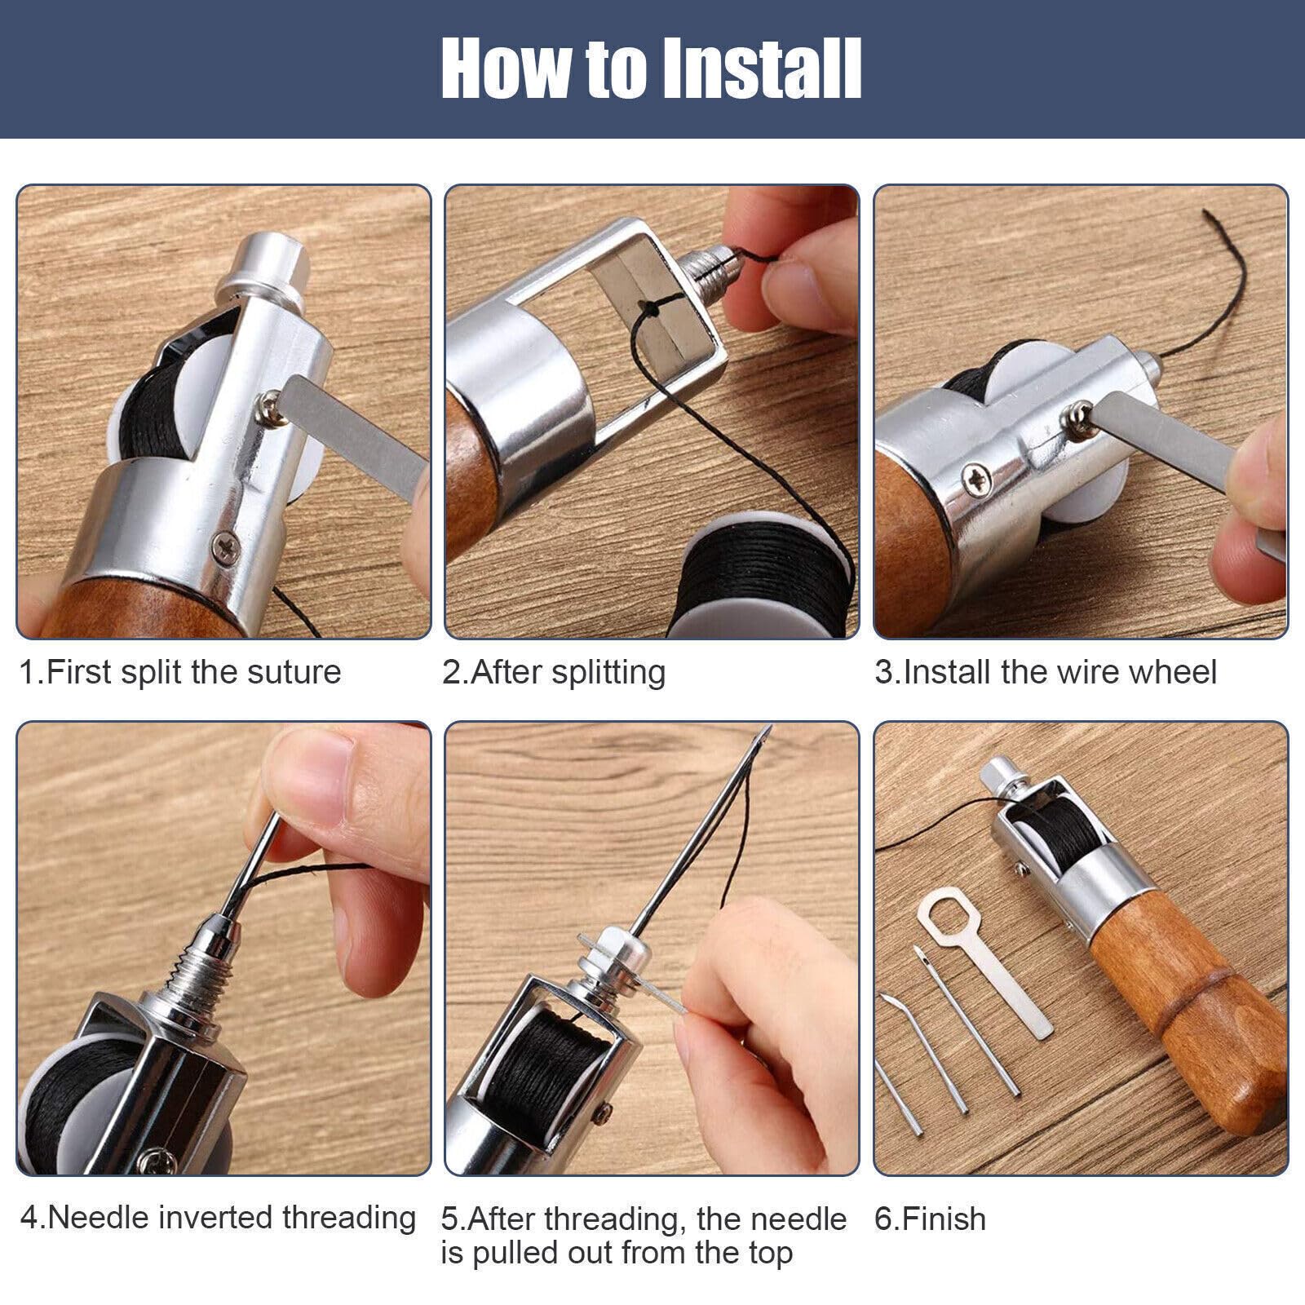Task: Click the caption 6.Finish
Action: (x=930, y=1219)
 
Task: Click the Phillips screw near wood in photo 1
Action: (x=224, y=544)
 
